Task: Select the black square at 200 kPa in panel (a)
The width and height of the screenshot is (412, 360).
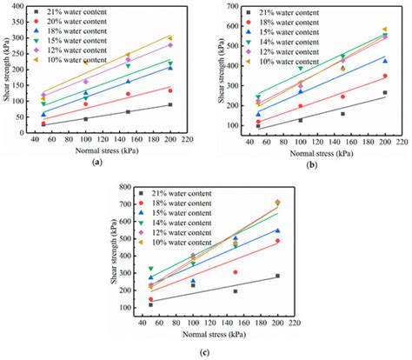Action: [x=170, y=104]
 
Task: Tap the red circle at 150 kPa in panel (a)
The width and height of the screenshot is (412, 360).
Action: [x=128, y=94]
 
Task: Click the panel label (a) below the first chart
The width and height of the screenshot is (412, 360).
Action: [x=97, y=162]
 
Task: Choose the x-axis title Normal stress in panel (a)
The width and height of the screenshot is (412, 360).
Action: [x=97, y=150]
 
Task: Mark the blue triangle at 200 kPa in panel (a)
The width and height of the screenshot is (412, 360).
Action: [x=170, y=67]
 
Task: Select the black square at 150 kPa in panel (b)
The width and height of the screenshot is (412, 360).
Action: [x=342, y=114]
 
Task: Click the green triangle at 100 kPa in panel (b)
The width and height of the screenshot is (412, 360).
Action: [x=300, y=69]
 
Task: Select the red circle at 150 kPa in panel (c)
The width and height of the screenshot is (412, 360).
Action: [x=235, y=272]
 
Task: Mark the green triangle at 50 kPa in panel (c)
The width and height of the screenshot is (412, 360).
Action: [x=150, y=270]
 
